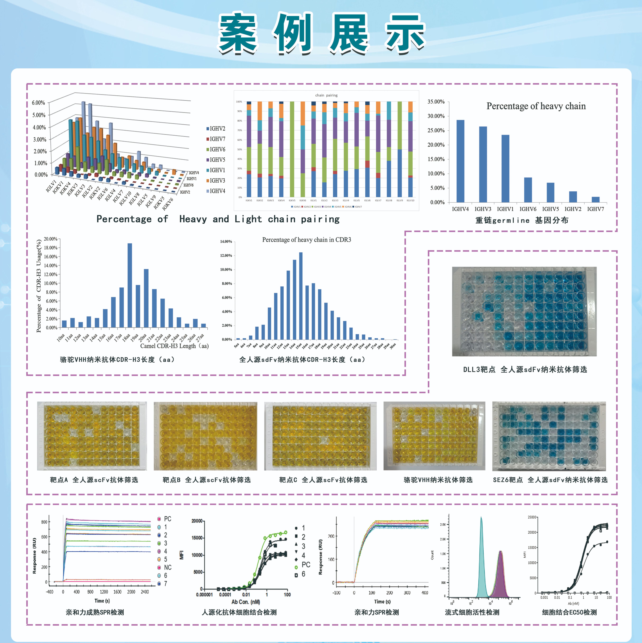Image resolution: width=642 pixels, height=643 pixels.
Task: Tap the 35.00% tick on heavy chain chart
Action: tap(436, 101)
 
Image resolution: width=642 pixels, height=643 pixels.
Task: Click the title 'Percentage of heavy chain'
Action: tap(536, 106)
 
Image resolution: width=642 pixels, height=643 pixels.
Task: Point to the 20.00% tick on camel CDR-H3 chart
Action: tap(51, 239)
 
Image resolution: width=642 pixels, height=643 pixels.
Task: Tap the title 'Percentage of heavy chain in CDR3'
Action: tap(306, 240)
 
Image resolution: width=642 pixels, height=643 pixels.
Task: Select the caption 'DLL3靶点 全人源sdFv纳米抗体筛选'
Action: tap(525, 369)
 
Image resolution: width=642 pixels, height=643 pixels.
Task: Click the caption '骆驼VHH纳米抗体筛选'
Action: tap(438, 480)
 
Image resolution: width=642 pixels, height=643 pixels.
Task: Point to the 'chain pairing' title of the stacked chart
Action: tap(326, 95)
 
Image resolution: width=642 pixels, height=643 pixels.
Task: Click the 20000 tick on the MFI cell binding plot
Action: tap(197, 521)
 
